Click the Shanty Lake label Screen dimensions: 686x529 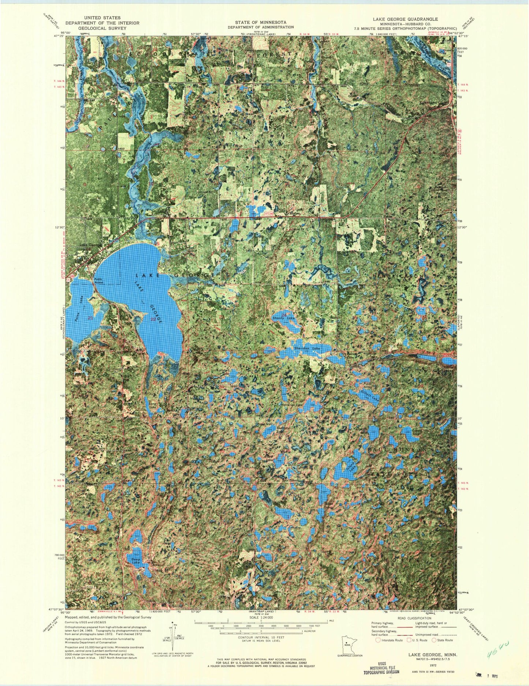click(x=283, y=318)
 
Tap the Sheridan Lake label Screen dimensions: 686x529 click(x=308, y=349)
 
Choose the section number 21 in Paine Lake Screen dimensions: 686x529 click(x=90, y=318)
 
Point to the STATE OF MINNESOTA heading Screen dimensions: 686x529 click(x=260, y=22)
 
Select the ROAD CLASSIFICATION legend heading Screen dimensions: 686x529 click(x=416, y=618)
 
